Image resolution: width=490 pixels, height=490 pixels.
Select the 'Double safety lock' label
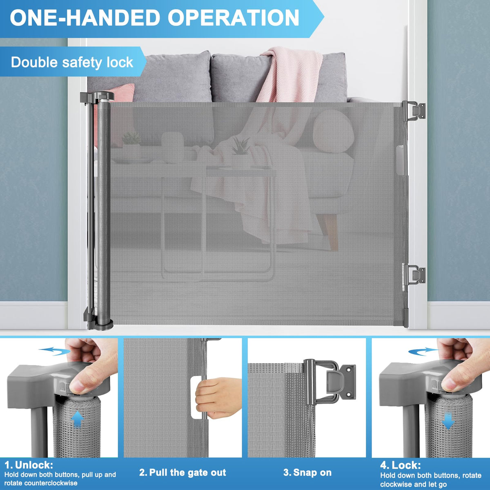(72, 62)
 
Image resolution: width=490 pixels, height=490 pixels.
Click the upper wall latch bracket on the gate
(414, 111)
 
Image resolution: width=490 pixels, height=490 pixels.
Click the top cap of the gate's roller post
(97, 97)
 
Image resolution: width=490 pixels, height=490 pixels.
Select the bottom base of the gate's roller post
(99, 322)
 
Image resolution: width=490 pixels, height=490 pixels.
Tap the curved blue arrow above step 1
(54, 351)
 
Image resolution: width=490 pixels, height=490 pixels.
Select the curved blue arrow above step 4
(423, 351)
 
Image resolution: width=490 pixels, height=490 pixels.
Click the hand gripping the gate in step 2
(218, 398)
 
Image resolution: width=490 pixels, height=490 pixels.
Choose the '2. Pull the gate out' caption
(183, 465)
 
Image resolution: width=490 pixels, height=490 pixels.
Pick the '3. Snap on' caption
(307, 465)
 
